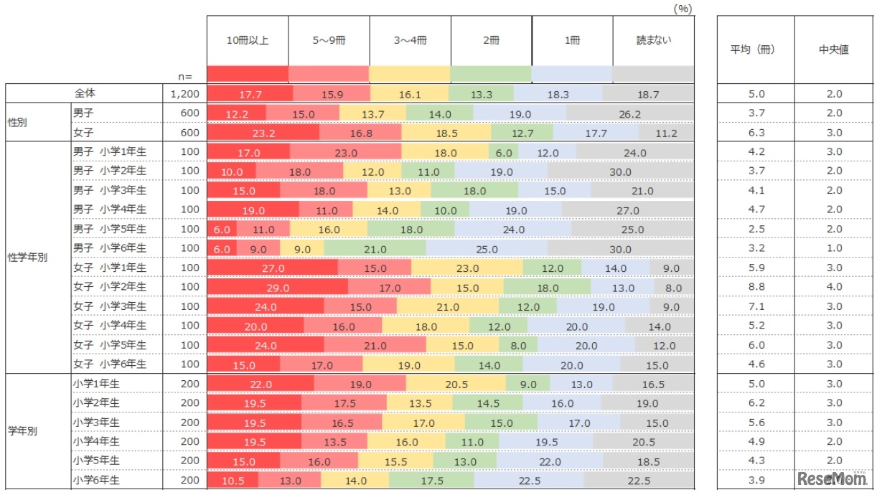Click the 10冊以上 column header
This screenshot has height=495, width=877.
(x=248, y=40)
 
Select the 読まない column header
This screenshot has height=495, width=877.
(x=654, y=40)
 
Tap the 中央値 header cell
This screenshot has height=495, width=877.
(x=833, y=49)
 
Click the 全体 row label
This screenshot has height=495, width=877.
(x=85, y=93)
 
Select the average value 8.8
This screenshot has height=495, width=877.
(x=756, y=287)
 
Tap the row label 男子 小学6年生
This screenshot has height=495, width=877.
(x=110, y=248)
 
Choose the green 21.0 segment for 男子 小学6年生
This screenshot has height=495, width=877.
(x=375, y=248)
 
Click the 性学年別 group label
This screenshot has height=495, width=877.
(x=27, y=258)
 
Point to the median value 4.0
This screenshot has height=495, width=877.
(x=833, y=287)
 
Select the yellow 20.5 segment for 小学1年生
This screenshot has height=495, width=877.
(x=456, y=384)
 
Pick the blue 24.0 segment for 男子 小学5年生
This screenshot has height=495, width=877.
(x=513, y=229)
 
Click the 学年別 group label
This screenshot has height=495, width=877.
(x=22, y=432)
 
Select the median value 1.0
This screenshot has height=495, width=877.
(x=833, y=248)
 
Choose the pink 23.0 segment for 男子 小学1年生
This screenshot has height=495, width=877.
(x=345, y=152)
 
